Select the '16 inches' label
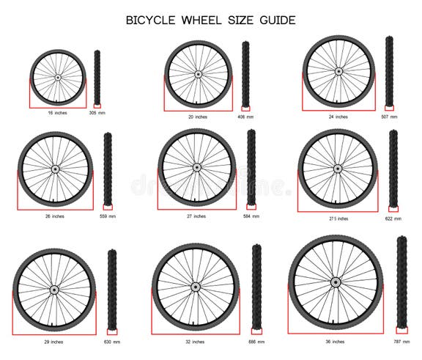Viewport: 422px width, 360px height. pyautogui.click(x=57, y=113)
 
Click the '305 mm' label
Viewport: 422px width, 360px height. pyautogui.click(x=97, y=113)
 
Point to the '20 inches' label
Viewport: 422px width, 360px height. pyautogui.click(x=196, y=117)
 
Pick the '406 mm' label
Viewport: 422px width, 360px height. pyautogui.click(x=245, y=117)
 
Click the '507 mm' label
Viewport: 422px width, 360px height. pyautogui.click(x=389, y=117)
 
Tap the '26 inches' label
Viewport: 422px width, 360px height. pyautogui.click(x=53, y=216)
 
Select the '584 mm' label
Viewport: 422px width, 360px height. pyautogui.click(x=251, y=216)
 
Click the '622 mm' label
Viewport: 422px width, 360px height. pyautogui.click(x=393, y=218)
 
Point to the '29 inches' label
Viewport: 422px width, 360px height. pyautogui.click(x=53, y=342)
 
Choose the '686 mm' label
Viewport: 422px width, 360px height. pyautogui.click(x=256, y=342)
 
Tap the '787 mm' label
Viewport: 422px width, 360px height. pyautogui.click(x=401, y=342)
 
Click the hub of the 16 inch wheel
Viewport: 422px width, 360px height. pyautogui.click(x=58, y=76)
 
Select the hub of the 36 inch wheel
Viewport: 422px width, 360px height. pyautogui.click(x=336, y=282)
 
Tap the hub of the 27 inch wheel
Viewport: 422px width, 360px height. pyautogui.click(x=196, y=167)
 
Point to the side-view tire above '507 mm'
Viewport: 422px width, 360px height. pyautogui.click(x=389, y=71)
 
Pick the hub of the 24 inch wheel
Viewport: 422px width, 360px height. pyautogui.click(x=338, y=72)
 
